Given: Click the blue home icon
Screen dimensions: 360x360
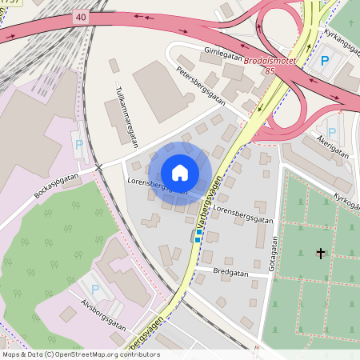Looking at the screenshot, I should pyautogui.click(x=180, y=172).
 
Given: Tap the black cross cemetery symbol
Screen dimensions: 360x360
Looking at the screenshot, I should pyautogui.click(x=321, y=253).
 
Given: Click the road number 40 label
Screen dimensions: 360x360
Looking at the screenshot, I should pyautogui.click(x=80, y=16).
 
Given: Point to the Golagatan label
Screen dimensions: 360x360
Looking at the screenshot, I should pyautogui.click(x=273, y=251).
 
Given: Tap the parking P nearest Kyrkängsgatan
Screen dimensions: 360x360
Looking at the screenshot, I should pyautogui.click(x=325, y=61).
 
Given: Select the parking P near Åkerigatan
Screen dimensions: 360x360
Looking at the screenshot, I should pyautogui.click(x=331, y=131).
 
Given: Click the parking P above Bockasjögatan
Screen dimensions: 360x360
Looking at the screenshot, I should pyautogui.click(x=78, y=146).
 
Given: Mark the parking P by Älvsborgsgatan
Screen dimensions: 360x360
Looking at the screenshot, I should pyautogui.click(x=95, y=288).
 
